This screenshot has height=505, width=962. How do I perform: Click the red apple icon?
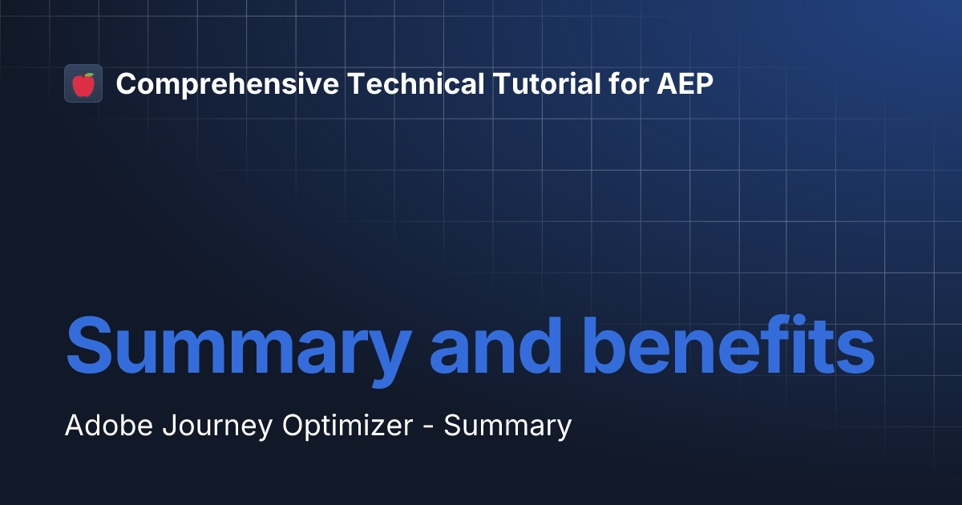click(83, 84)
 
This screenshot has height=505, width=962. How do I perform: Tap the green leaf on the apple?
click(88, 75)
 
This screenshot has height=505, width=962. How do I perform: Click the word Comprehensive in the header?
click(227, 83)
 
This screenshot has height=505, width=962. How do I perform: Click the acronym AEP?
click(685, 83)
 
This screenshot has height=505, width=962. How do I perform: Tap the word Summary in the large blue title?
click(238, 348)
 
